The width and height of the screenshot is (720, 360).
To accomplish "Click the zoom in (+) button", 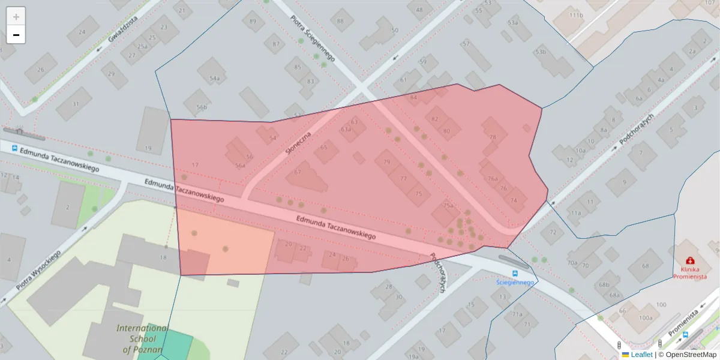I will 16,16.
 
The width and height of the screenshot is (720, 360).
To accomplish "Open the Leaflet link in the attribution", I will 641,355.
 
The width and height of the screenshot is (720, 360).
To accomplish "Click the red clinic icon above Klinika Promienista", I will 690,260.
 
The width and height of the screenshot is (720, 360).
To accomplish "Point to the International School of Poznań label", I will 142,339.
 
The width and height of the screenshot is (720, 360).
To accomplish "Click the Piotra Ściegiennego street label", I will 312,39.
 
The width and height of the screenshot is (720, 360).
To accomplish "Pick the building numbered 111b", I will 576,15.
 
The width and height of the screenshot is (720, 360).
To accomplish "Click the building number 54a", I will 214,79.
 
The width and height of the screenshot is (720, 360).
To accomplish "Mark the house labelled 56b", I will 202,107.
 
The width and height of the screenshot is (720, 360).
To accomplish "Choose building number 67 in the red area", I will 298,173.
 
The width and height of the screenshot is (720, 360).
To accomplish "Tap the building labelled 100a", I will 646,318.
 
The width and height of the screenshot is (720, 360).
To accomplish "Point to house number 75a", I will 448,205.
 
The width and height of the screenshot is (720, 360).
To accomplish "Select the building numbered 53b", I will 541,52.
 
